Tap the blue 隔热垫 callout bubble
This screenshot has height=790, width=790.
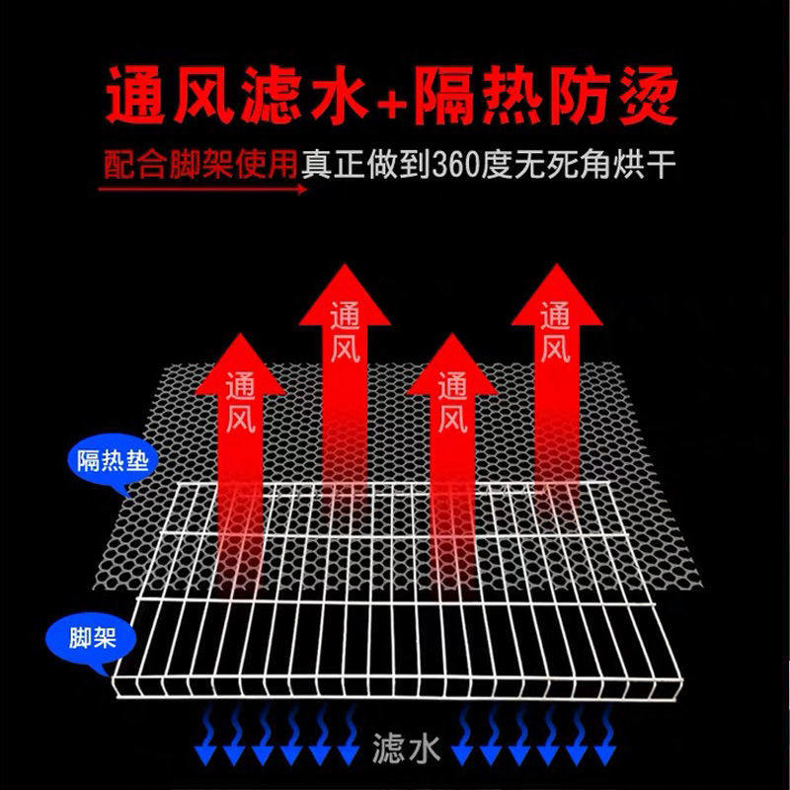coord(111,461)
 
